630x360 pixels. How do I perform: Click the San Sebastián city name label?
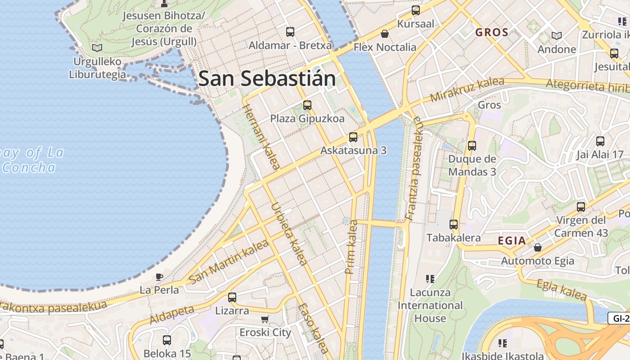pos(267,79)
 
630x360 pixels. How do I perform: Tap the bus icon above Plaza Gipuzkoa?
pos(307,105)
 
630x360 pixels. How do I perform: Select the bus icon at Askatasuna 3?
pos(353,137)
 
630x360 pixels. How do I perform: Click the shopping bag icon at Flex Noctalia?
pos(385,34)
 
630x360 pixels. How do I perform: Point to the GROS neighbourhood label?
pos(492,32)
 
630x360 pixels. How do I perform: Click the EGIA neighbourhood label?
pos(512,241)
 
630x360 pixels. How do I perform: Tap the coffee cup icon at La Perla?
pos(159,277)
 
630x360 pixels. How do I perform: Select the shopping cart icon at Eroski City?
pos(265,319)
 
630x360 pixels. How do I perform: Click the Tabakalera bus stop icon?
pos(454,224)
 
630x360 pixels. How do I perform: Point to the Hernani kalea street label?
pos(261,136)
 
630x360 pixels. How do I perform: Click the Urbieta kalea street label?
pos(289,234)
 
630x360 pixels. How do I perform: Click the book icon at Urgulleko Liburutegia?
pos(97,48)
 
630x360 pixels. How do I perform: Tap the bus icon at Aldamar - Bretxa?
pos(290,32)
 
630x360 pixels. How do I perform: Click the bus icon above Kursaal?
pos(416,10)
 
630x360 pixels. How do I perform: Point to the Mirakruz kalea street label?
pos(467,90)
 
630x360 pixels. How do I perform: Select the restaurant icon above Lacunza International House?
pos(430,279)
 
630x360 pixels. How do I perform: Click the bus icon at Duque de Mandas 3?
pos(472,146)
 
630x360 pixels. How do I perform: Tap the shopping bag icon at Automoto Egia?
pos(537,247)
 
